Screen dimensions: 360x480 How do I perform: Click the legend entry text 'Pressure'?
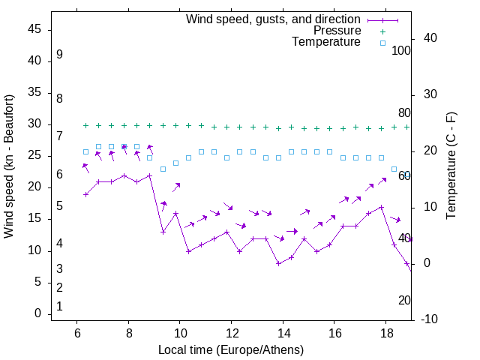point(337,31)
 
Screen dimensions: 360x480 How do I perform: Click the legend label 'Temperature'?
point(326,43)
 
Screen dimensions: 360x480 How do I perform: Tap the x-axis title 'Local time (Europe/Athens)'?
point(231,349)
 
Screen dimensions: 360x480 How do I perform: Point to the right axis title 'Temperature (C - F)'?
point(451,166)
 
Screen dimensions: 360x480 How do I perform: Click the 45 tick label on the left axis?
point(34,29)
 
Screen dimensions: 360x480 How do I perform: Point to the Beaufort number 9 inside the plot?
point(59,55)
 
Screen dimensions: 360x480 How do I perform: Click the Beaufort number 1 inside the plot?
point(59,307)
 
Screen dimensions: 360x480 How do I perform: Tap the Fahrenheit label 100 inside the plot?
point(401,50)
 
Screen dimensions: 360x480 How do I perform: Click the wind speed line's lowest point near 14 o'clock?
point(278,263)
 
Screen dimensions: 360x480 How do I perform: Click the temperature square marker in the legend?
point(382,43)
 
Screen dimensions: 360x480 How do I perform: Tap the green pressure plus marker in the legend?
point(382,31)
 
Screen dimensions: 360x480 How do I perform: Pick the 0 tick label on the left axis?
point(37,314)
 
